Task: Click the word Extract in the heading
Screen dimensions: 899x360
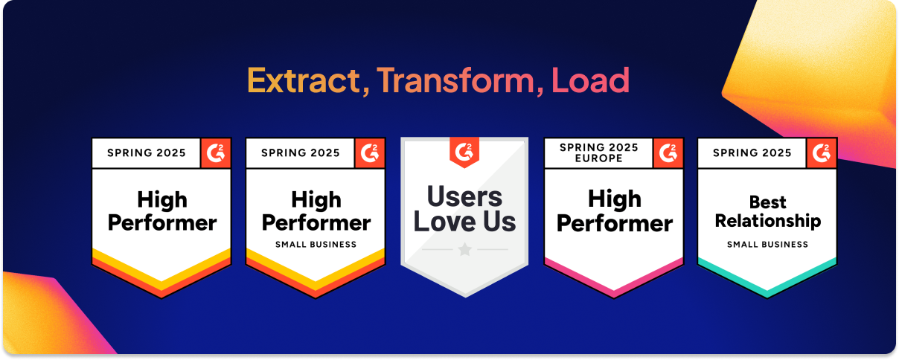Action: point(304,80)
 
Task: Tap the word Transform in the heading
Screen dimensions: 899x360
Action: point(455,80)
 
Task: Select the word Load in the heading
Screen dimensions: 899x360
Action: point(590,80)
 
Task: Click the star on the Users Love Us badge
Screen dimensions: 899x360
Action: point(464,249)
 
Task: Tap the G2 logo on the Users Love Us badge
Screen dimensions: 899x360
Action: point(464,152)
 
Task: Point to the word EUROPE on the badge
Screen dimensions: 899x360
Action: point(599,158)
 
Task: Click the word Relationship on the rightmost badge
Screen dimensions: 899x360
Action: point(768,221)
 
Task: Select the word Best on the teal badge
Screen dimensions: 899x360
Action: point(768,202)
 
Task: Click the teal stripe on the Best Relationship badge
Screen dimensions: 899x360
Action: point(767,277)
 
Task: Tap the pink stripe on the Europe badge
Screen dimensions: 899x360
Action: point(614,277)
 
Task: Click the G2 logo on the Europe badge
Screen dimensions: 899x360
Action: point(668,153)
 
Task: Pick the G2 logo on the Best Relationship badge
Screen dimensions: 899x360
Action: point(822,153)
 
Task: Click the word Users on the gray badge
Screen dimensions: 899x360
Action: point(464,196)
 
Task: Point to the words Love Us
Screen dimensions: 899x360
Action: point(464,222)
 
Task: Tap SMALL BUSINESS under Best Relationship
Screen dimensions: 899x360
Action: point(767,245)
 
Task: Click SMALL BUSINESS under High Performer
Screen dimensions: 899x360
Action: point(316,245)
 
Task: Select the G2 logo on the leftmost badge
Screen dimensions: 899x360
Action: point(216,153)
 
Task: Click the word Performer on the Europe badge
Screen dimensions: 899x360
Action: point(615,224)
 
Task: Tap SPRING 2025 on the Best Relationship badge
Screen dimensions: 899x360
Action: point(752,153)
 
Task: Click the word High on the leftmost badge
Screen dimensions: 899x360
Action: point(162,199)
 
